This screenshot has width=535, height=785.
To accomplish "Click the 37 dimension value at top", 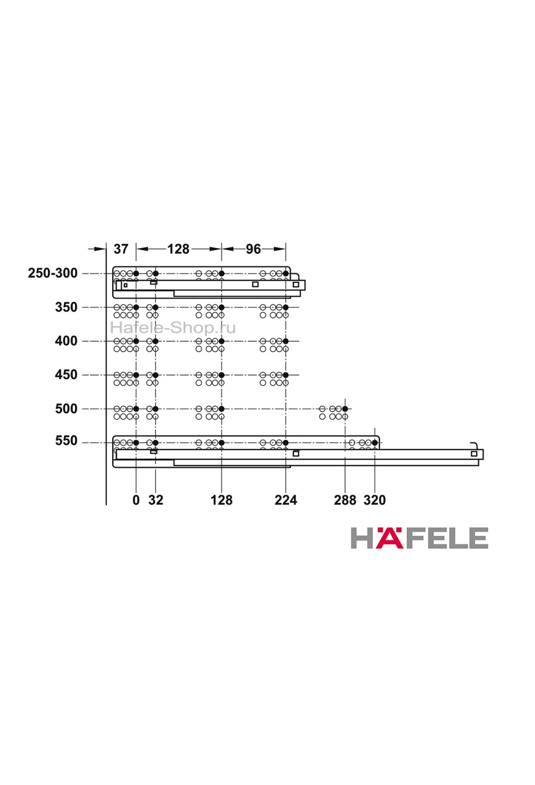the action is point(121,249).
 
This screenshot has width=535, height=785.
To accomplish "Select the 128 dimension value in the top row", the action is point(178,249).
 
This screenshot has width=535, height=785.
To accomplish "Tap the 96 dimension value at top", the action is point(253,249).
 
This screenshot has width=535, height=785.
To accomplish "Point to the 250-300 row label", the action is point(53,273).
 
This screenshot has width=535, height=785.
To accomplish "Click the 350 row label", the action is point(66,307).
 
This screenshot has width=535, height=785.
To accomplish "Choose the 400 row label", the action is point(66,341).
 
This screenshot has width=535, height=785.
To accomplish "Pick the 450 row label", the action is point(66,375).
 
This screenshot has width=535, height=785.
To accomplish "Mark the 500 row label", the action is point(66,409).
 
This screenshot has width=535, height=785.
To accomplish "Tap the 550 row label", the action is point(66,441).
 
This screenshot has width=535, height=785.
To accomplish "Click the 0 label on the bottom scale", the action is point(136,500).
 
